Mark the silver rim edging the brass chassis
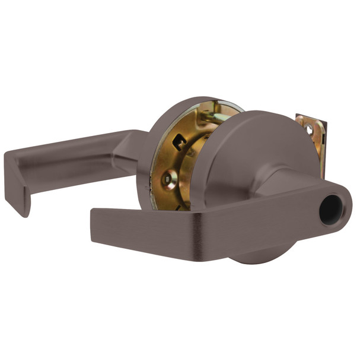[x=196, y=196]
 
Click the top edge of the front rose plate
[x=261, y=113]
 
